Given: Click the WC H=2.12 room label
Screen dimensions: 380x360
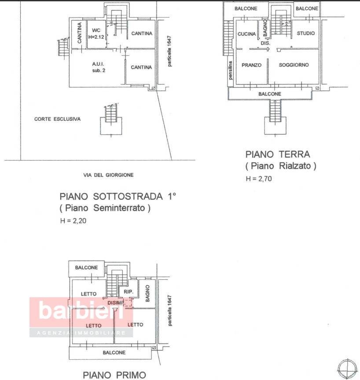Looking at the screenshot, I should pos(96,33).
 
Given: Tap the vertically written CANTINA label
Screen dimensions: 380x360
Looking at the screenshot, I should pos(80,33).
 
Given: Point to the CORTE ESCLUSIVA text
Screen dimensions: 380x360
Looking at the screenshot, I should pos(57,119).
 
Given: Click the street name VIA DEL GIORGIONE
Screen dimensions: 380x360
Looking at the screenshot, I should pos(108,175).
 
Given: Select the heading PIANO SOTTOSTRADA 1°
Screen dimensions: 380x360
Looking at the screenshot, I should pos(118,196).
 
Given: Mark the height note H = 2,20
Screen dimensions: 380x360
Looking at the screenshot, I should pos(73,221).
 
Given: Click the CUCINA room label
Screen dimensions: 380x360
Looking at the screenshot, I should pos(246,33).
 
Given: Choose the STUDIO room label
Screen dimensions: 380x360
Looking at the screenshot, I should pos(305,33).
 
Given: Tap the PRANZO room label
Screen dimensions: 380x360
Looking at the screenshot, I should pos(251,65).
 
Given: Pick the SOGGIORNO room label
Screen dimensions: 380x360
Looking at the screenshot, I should pos(294,65).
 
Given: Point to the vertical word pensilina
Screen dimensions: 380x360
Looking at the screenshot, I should pos(230,70).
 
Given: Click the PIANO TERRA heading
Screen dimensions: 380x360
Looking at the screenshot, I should pos(278,154).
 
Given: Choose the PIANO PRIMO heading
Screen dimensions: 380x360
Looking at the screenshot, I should pos(114,375).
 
